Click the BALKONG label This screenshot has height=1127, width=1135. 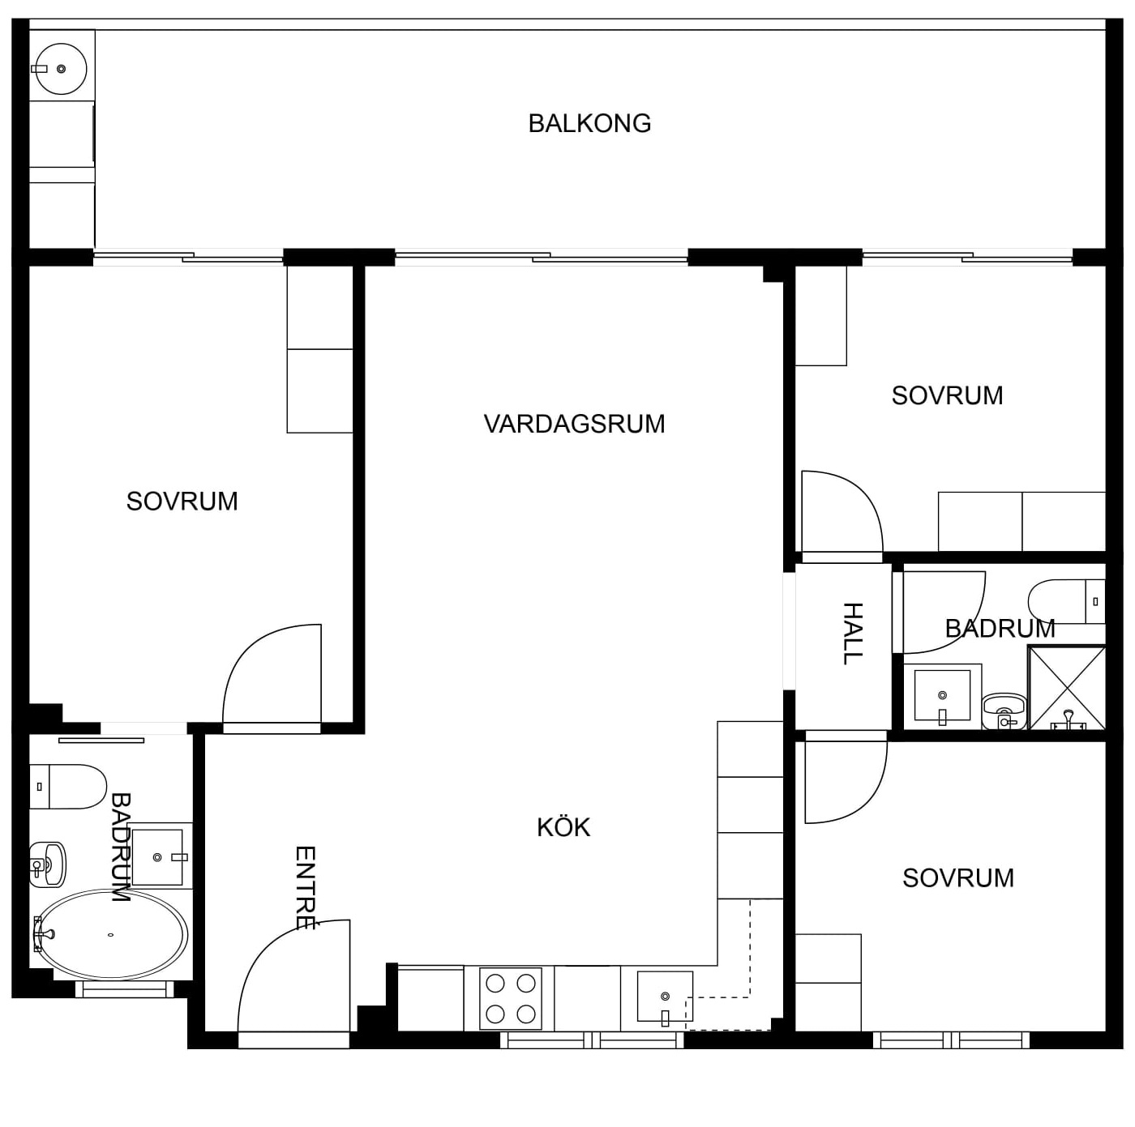point(589,124)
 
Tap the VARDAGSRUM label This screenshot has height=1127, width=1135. point(574,424)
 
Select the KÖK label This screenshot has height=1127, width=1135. point(563,826)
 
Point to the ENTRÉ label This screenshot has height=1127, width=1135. point(305,888)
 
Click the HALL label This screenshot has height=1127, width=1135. point(853,634)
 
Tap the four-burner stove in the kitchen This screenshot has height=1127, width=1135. point(511,999)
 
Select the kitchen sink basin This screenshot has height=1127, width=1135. point(665,997)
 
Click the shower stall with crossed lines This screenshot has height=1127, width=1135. point(1067,688)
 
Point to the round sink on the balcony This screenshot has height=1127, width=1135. point(62,69)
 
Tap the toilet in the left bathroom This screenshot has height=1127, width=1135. point(68,787)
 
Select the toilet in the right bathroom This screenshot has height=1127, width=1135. point(1067,602)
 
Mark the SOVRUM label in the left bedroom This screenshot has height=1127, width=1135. point(182,502)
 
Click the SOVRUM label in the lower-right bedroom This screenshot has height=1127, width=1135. point(958,878)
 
